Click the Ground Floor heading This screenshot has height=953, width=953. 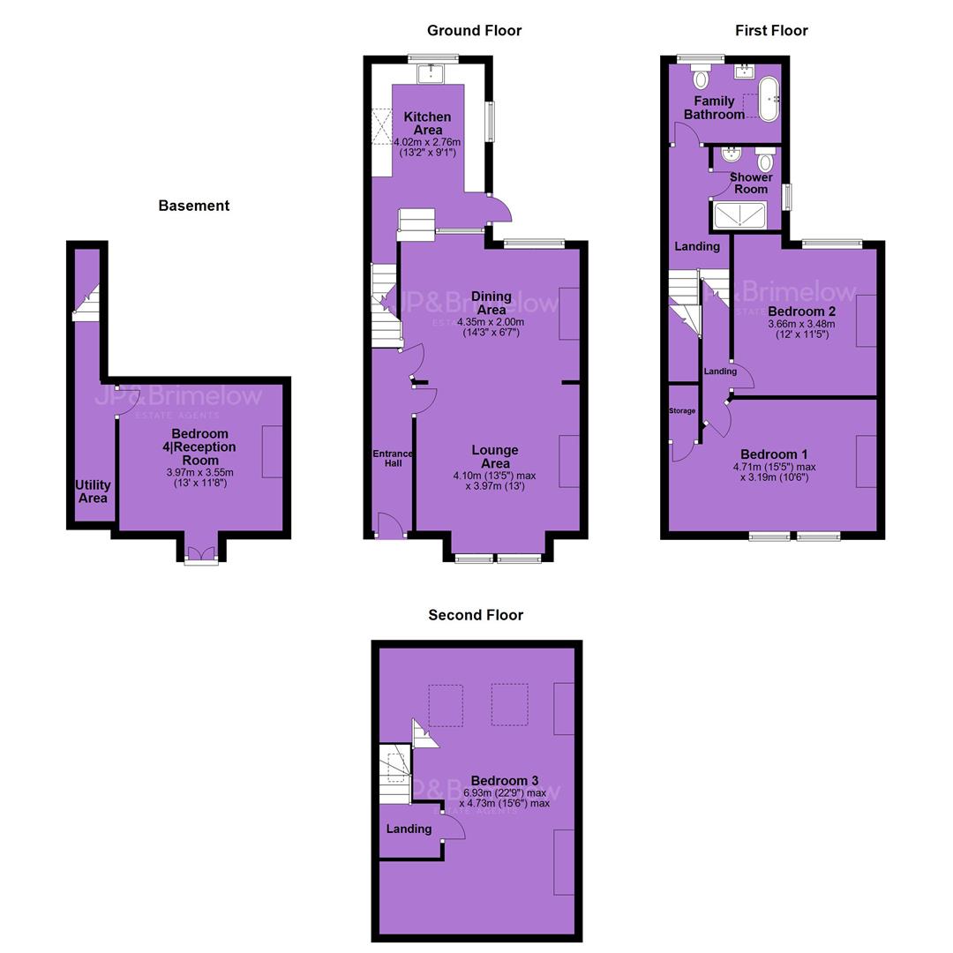coord(474,30)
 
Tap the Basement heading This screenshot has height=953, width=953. coord(194,206)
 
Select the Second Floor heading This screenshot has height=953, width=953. coord(476,615)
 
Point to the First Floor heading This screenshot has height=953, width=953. coord(771,30)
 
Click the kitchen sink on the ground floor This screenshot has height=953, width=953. coord(431,73)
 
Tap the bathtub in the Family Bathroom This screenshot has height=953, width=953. coord(769,99)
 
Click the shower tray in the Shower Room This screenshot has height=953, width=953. coord(739,216)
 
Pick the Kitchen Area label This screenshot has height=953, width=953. coord(427,124)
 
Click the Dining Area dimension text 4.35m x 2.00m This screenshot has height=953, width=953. coord(492,322)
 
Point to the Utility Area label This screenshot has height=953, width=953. coord(93,492)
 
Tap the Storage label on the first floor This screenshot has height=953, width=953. coord(682,411)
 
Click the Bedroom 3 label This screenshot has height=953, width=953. coord(505,780)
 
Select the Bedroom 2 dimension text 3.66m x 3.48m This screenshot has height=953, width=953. coord(801,324)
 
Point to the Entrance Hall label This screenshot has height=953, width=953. coord(393,458)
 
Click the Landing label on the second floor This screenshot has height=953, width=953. coord(409,829)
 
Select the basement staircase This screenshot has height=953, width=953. coord(86,303)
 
